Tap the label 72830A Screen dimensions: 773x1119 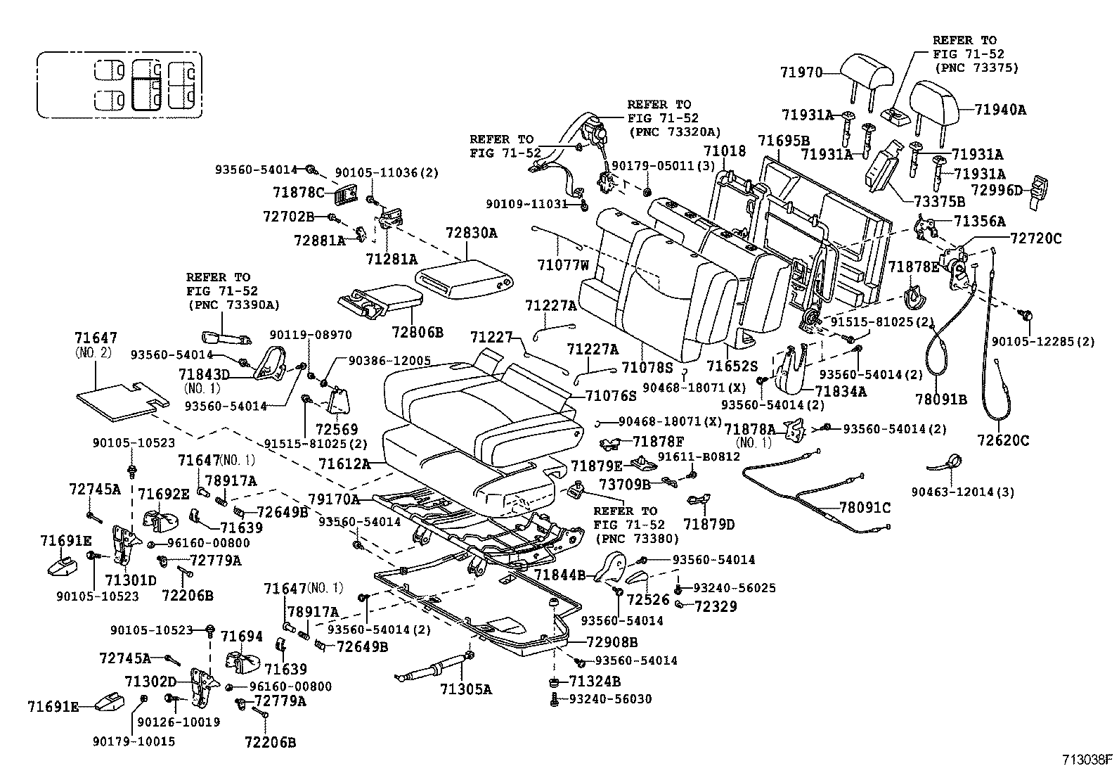(471, 233)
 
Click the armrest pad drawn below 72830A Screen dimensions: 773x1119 (463, 275)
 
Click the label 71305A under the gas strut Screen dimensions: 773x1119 (466, 689)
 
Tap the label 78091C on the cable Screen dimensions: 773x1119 (865, 508)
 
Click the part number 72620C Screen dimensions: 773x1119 (1003, 441)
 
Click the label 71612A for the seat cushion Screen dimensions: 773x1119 (344, 464)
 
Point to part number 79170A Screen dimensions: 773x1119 (334, 499)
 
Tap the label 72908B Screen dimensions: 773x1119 (612, 642)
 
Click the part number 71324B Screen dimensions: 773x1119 (595, 682)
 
